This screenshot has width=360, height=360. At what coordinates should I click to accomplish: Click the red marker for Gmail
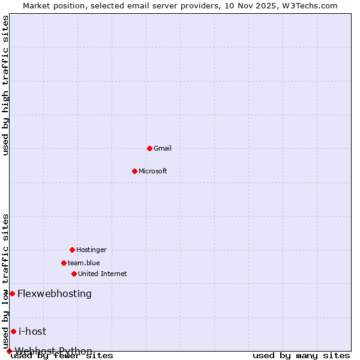[149, 148]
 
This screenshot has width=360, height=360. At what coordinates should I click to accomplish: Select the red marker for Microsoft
[134, 171]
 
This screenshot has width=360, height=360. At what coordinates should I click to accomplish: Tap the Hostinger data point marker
[72, 250]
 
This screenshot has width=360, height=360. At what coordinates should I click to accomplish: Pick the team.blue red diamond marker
[64, 263]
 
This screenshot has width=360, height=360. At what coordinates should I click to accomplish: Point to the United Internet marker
[74, 274]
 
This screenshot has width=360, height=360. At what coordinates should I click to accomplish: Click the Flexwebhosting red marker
[12, 293]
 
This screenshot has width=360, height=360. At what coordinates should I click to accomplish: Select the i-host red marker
[13, 331]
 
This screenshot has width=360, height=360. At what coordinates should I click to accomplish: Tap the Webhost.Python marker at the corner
[9, 351]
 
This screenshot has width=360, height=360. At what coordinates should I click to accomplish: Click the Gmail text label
[163, 148]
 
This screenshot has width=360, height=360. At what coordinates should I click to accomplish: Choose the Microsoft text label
[153, 171]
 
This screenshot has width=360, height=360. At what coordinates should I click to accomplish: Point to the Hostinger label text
[91, 250]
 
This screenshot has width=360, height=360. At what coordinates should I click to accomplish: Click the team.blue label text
[84, 263]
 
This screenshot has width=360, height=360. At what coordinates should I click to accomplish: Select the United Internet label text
[103, 274]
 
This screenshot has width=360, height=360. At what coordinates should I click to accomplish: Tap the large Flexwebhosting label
[55, 293]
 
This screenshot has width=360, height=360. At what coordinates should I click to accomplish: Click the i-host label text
[32, 331]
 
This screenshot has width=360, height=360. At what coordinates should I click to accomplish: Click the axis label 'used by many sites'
[301, 356]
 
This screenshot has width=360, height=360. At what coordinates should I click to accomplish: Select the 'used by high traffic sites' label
[6, 85]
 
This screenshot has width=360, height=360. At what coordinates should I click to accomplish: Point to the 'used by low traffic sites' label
[6, 281]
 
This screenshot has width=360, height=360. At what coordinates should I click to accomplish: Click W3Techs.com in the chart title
[310, 5]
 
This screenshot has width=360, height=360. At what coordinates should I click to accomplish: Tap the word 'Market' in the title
[37, 5]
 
